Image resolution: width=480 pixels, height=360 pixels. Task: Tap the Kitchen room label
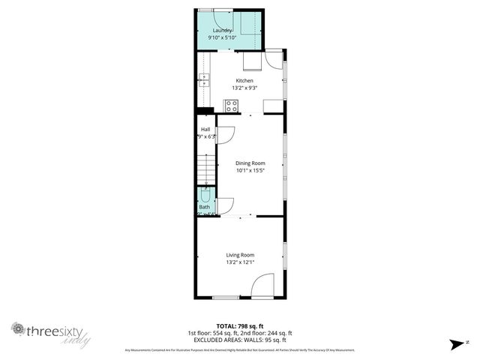point(244,81)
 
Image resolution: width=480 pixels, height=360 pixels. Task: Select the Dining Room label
point(250,163)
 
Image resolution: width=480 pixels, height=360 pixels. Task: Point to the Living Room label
point(241,255)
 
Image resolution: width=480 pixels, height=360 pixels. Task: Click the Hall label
point(205,130)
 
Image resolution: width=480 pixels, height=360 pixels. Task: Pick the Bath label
point(204,206)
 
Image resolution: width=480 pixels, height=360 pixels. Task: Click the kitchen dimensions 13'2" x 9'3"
point(244,88)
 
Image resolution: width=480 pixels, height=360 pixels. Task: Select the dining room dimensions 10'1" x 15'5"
point(250,170)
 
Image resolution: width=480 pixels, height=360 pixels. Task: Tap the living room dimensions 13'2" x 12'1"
point(241,262)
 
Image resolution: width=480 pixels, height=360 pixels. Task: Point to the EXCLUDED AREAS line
point(240,340)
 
